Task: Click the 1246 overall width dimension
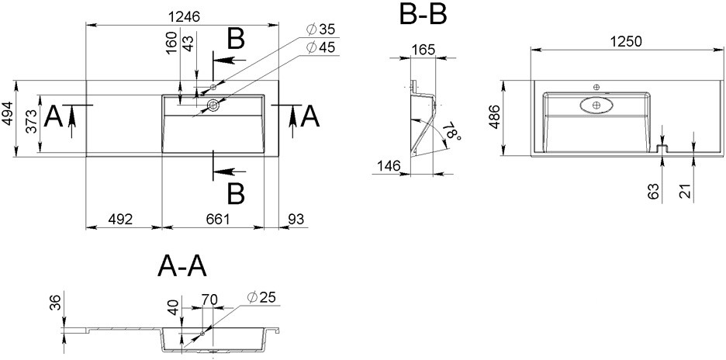183,17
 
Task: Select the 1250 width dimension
626,41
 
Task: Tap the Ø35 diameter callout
320,29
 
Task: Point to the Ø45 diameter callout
320,47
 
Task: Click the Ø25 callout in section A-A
261,297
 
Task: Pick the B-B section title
423,15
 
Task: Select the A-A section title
182,266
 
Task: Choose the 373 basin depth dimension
31,121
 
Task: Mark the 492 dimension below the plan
120,219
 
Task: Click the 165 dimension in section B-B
422,50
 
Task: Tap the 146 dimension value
388,165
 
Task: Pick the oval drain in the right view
596,106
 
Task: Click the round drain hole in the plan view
214,106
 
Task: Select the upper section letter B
236,39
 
